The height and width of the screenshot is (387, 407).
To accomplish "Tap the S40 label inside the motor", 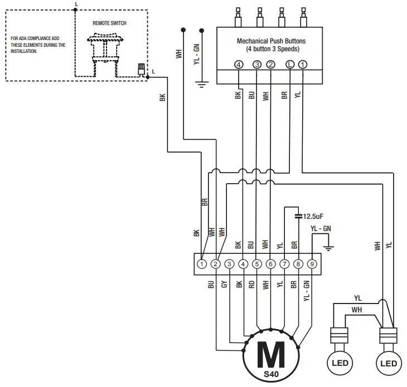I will (x=270, y=374).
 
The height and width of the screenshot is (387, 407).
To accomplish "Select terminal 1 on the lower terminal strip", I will (x=202, y=264).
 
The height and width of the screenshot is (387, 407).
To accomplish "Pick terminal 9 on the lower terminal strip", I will (x=312, y=264).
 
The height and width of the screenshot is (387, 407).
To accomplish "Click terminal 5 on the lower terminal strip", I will (x=257, y=264).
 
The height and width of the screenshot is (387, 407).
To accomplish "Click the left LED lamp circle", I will (x=340, y=364).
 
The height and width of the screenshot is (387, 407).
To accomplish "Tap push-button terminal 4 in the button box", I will (x=239, y=65).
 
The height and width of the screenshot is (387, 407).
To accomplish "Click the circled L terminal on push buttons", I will (x=289, y=65).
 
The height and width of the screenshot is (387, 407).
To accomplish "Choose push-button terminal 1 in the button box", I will (x=302, y=65).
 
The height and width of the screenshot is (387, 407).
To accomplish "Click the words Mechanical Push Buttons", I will (x=271, y=41).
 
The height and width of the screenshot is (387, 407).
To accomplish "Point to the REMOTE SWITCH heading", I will (x=109, y=23).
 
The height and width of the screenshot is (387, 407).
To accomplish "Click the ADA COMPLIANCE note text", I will (x=38, y=45).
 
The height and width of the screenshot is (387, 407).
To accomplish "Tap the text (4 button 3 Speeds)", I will (x=271, y=49).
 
